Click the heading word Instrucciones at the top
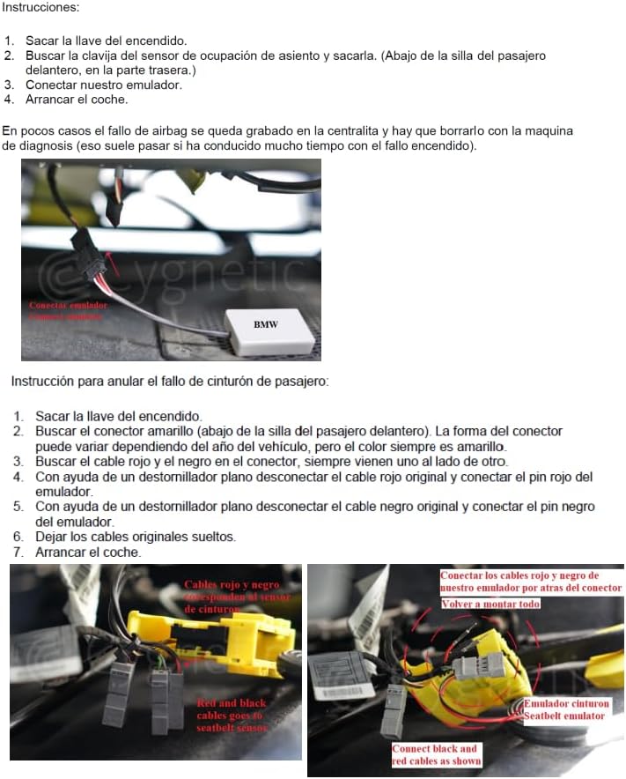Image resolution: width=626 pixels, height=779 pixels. [x=41, y=7]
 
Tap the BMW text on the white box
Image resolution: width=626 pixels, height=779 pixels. [x=266, y=324]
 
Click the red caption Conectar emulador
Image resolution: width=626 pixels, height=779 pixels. [x=68, y=305]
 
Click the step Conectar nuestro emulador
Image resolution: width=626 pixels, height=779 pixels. [x=104, y=85]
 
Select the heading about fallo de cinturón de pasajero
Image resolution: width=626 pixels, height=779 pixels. [x=170, y=382]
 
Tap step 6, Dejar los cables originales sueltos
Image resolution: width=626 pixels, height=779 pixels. [x=136, y=537]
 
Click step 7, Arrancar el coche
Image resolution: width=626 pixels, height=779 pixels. [x=87, y=552]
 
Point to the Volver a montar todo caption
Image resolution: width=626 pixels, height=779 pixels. [x=490, y=604]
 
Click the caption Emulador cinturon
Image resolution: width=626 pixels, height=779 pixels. [x=566, y=704]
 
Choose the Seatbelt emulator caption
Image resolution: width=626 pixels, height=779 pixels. [x=563, y=716]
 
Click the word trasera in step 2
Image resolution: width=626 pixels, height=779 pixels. [x=171, y=70]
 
